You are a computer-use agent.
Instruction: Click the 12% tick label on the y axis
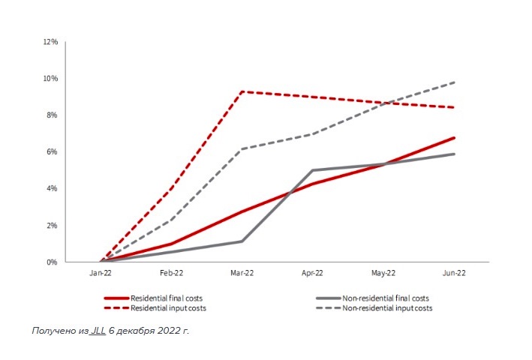click(x=51, y=42)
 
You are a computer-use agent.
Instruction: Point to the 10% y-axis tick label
click(x=51, y=79)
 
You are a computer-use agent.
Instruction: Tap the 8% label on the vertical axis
click(x=53, y=115)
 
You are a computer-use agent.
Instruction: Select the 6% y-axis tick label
click(x=53, y=152)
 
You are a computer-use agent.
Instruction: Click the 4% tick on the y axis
click(x=53, y=189)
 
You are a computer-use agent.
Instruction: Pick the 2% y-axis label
click(x=53, y=226)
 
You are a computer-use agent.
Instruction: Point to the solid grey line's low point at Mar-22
click(x=242, y=241)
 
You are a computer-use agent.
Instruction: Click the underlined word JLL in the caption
click(x=98, y=330)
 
